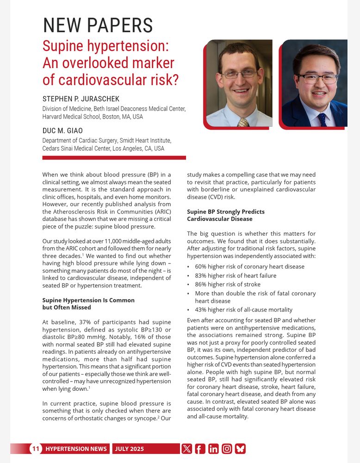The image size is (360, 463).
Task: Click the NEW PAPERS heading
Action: pos(98,25)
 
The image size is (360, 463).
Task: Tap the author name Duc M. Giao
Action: pos(62,131)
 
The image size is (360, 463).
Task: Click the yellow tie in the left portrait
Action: pos(243,122)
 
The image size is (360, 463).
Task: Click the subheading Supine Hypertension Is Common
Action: pos(88,300)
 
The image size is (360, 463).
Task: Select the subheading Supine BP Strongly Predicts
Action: pos(226,212)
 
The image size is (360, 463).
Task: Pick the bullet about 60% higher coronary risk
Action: pos(249,266)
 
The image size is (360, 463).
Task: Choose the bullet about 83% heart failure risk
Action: pos(236,275)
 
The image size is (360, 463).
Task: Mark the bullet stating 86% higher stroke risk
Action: pos(227,284)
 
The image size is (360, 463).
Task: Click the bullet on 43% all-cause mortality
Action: pos(243,310)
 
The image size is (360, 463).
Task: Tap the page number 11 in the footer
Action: pos(36,449)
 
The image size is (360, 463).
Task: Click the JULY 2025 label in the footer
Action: pos(130,449)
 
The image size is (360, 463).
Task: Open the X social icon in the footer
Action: pos(186,449)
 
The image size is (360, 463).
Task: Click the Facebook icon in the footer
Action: pos(200,449)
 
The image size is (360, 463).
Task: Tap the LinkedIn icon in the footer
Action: pos(213,449)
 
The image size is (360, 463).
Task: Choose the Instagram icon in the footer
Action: pos(227,449)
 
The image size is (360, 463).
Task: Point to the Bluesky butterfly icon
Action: pos(240,449)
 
